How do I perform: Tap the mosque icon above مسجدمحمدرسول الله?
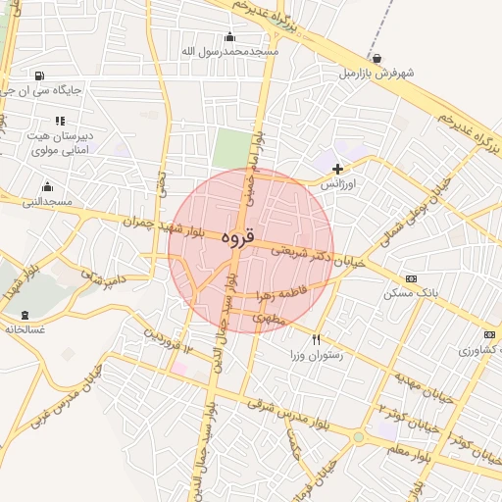click(x=229, y=36)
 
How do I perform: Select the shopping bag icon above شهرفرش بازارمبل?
click(x=377, y=58)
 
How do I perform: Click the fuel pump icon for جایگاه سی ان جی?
click(x=38, y=75)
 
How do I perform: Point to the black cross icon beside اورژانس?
click(x=338, y=169)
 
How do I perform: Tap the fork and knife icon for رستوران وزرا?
click(x=316, y=339)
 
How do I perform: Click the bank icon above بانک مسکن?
click(x=410, y=278)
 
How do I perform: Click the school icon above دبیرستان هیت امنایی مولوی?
click(x=60, y=121)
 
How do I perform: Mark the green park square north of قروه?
click(x=232, y=148)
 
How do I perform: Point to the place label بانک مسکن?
click(x=410, y=293)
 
